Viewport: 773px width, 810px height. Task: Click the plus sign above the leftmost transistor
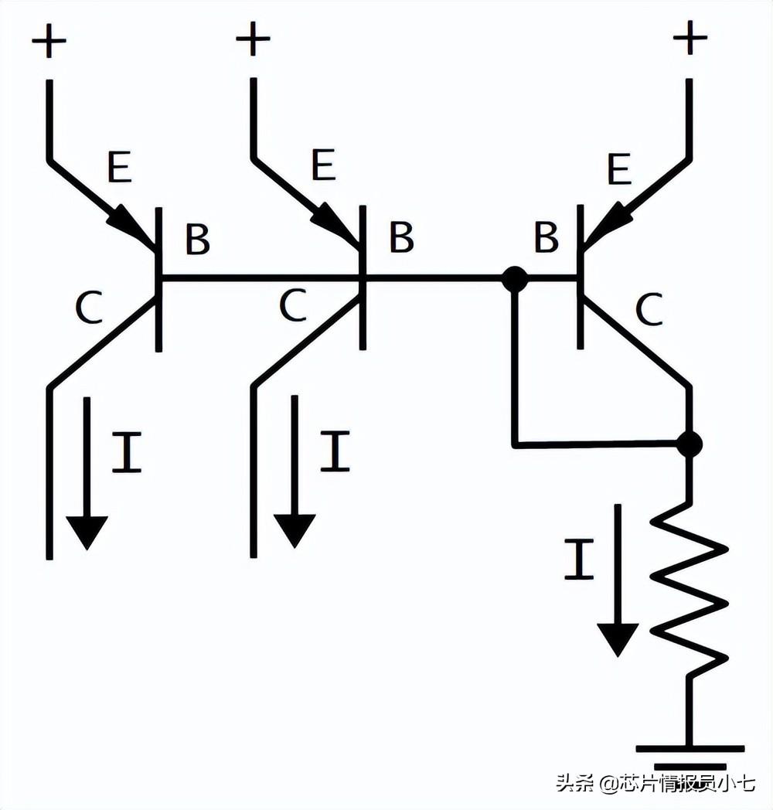click(x=49, y=42)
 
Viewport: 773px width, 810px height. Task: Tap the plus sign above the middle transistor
click(x=253, y=39)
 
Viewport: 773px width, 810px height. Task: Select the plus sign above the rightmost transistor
click(x=690, y=39)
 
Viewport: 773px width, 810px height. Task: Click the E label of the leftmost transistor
click(x=119, y=167)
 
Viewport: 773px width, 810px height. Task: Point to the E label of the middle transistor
click(x=323, y=165)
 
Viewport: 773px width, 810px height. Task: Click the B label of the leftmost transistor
click(x=197, y=240)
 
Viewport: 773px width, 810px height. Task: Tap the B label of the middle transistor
click(x=401, y=238)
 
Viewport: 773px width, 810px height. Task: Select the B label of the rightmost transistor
click(x=546, y=239)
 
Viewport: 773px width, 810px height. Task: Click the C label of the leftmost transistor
click(x=89, y=309)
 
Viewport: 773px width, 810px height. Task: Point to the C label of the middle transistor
click(x=293, y=308)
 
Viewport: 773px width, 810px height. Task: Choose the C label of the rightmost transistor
click(x=649, y=311)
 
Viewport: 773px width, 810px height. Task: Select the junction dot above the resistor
click(x=689, y=444)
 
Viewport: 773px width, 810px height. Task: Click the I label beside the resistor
click(x=578, y=561)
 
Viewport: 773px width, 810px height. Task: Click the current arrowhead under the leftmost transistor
click(x=87, y=532)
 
